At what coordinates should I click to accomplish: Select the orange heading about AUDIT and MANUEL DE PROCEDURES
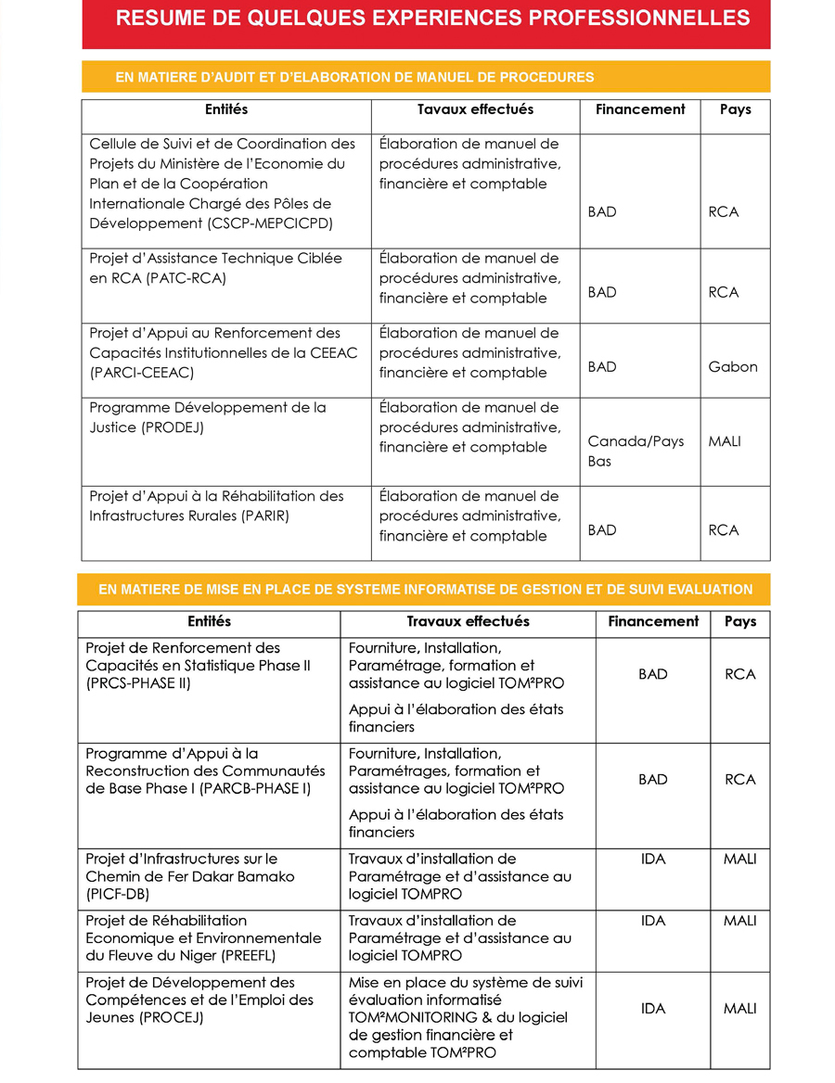[x=354, y=77]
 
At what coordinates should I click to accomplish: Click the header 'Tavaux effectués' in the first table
[x=475, y=109]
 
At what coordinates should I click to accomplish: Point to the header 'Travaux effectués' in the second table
[x=468, y=621]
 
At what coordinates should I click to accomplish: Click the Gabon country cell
[x=733, y=367]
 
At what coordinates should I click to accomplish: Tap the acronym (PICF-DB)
[x=117, y=895]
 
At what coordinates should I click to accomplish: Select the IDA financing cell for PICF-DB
[x=653, y=860]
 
